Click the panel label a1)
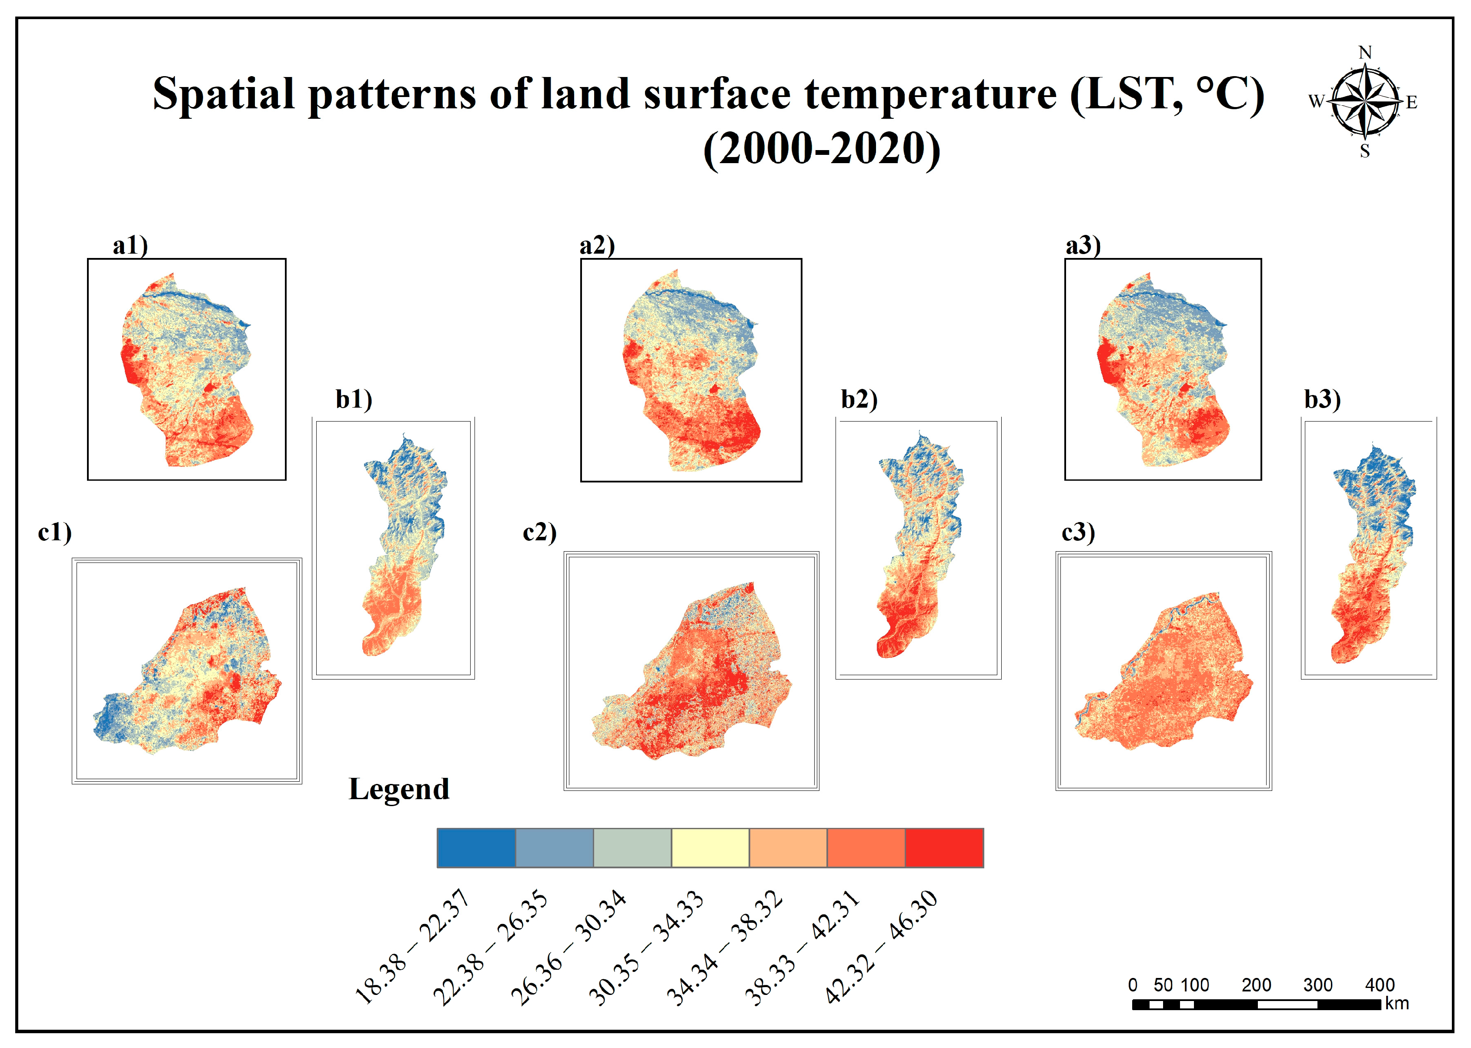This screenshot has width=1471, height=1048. point(130,246)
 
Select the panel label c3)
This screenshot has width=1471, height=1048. point(1078,532)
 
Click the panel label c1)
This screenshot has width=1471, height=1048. point(55,532)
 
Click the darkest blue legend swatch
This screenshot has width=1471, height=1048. point(476,848)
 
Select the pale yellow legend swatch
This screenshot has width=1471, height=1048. point(710,848)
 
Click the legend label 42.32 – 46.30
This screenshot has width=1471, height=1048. point(881,948)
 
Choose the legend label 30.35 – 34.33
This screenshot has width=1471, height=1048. point(646,948)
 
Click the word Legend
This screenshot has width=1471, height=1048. point(399,789)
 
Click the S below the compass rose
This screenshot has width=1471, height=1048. point(1364,151)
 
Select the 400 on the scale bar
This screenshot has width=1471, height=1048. point(1379,985)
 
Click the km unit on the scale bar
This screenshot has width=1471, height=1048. point(1397,1004)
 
